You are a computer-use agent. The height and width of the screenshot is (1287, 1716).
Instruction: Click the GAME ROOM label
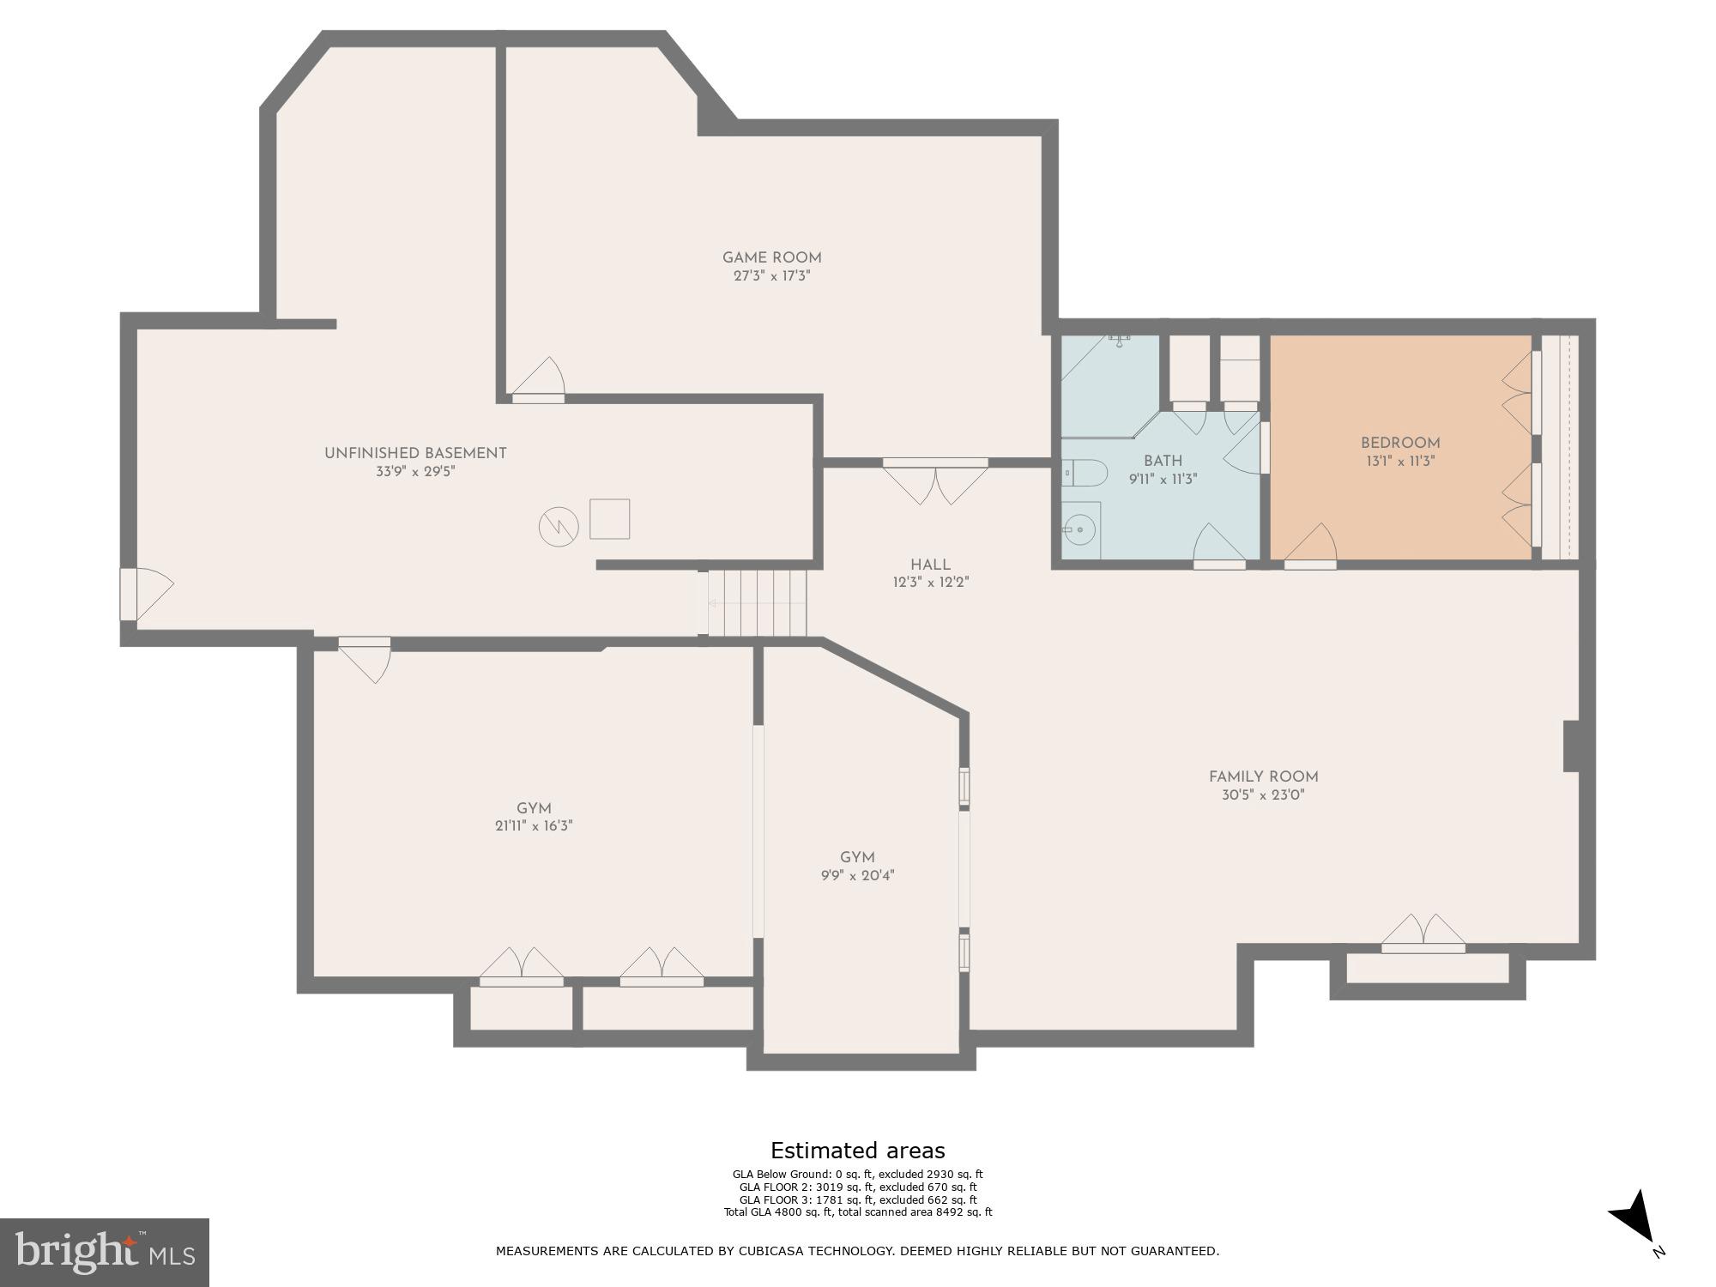(x=771, y=257)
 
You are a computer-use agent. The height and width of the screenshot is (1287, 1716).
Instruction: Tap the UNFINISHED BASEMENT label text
(x=415, y=453)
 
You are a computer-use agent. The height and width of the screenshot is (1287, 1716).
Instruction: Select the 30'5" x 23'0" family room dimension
(x=1263, y=795)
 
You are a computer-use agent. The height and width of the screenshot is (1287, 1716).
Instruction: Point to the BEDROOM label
(x=1399, y=443)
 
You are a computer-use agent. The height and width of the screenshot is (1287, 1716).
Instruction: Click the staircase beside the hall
(x=757, y=603)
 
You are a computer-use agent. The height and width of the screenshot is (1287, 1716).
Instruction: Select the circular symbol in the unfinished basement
(x=558, y=527)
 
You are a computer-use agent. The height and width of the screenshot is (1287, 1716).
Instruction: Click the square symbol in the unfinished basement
(x=609, y=519)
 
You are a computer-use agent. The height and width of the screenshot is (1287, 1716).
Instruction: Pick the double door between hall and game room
(x=935, y=480)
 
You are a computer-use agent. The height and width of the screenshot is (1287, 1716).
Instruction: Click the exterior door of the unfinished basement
(x=142, y=593)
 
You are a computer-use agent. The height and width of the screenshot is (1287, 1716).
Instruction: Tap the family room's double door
(x=1423, y=935)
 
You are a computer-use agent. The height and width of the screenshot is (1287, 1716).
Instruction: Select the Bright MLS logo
(x=104, y=1252)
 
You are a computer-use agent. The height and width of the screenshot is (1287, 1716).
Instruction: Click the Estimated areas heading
(x=857, y=1151)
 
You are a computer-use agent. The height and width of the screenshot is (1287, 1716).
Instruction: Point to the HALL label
(x=930, y=565)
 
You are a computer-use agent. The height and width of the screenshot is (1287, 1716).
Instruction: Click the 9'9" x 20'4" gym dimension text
(x=857, y=876)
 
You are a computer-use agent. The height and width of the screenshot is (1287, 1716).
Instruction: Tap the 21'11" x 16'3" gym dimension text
(x=533, y=826)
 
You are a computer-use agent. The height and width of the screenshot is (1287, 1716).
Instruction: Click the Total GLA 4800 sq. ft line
(x=857, y=1212)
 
